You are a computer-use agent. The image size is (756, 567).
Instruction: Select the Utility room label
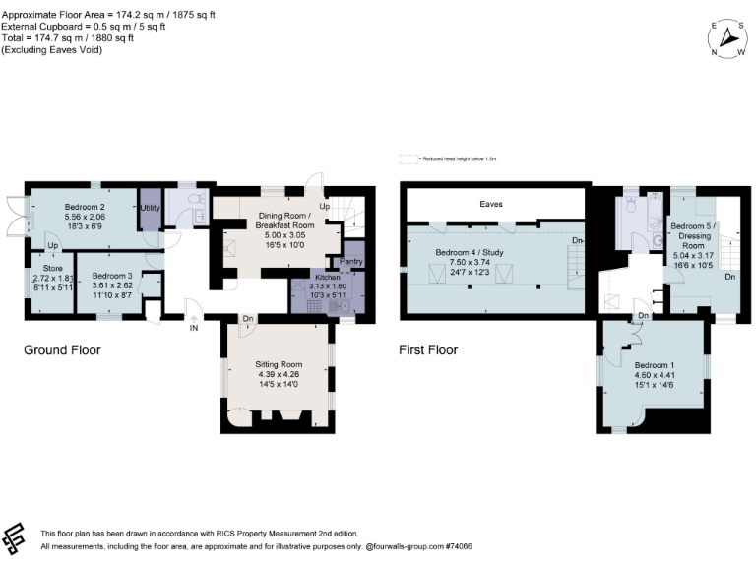pos(151,208)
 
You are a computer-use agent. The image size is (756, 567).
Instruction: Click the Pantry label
pos(351,261)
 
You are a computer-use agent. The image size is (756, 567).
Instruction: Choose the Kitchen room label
pos(325,277)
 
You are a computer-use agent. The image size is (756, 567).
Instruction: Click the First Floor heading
pos(428,349)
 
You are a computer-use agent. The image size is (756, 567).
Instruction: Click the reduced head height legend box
pos(408,158)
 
